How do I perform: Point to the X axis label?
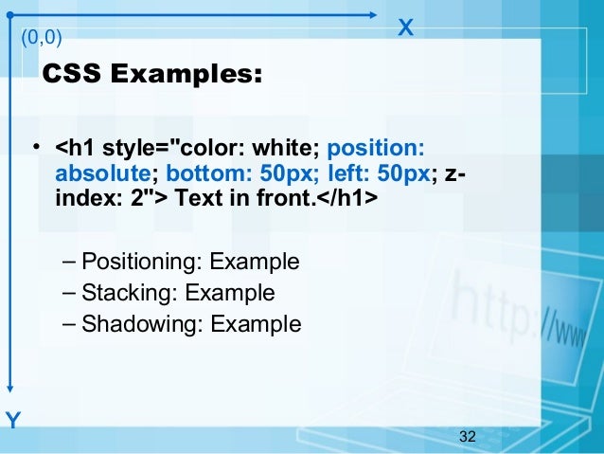405,27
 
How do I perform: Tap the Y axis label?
12,420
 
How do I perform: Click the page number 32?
466,436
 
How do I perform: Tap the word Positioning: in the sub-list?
143,262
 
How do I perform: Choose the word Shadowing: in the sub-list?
143,324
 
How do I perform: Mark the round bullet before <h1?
34,148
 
